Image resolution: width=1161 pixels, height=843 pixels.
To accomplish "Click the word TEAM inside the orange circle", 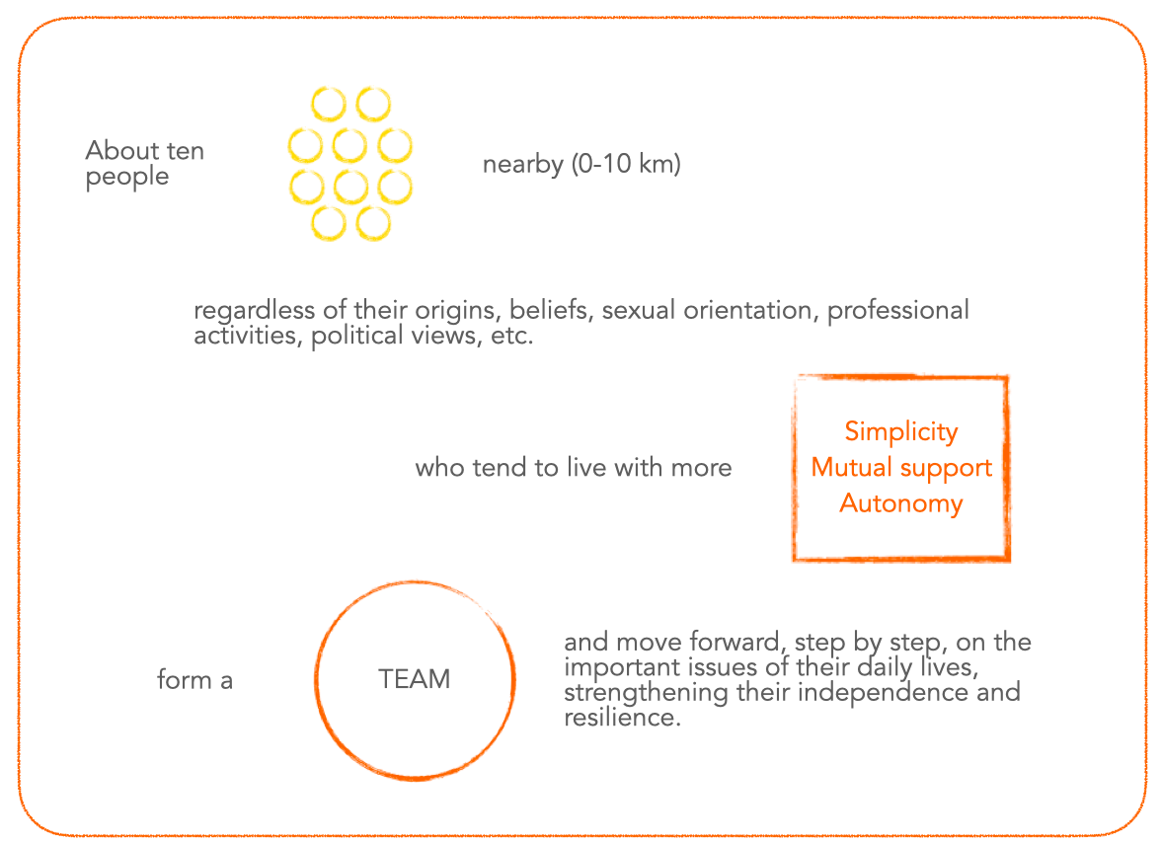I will pos(414,680).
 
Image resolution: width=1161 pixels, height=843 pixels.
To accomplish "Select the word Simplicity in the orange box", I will pos(900,432).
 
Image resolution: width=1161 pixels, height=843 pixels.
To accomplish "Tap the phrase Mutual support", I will pos(900,468).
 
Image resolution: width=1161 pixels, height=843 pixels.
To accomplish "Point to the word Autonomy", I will pos(900,504).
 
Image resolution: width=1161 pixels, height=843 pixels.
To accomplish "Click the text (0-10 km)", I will pos(626,165).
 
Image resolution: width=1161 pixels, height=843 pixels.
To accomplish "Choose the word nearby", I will pos(522,165).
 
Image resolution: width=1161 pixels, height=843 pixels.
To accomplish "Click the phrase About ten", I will pos(144,151).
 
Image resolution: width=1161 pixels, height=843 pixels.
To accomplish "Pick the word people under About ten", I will pos(127,178).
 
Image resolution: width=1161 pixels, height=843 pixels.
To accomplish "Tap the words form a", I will pos(194,680).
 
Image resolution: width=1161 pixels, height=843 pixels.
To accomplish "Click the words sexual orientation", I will pos(706,311).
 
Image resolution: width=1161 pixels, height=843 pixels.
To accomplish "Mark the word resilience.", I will pos(622,718).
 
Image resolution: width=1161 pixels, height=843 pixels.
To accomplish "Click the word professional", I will pos(897,311).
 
